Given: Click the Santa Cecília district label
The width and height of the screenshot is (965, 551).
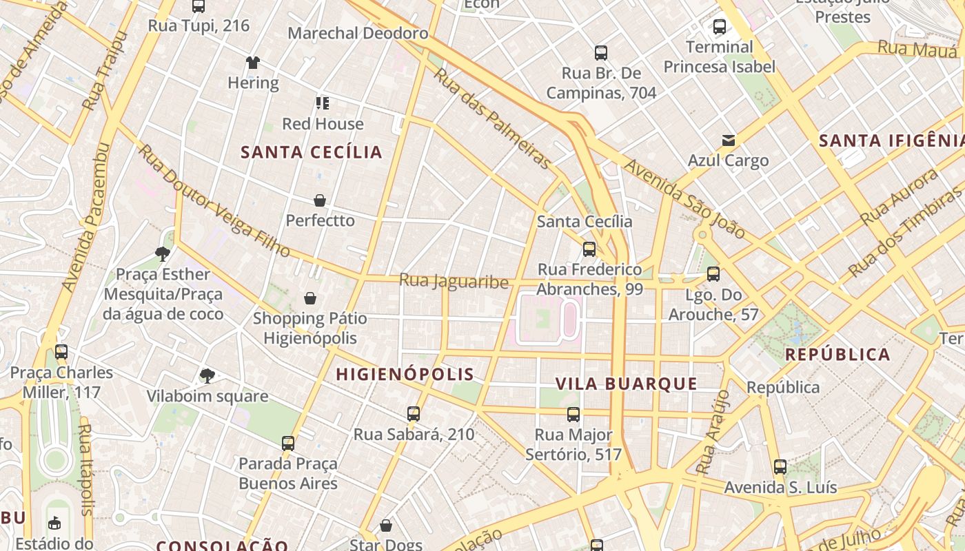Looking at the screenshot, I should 312,152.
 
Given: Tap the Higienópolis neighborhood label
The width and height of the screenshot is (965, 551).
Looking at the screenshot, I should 405,375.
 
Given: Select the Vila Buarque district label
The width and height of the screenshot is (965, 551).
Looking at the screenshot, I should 627,384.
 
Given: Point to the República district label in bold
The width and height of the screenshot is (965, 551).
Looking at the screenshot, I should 837,355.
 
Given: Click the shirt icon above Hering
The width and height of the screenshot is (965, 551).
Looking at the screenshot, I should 253,63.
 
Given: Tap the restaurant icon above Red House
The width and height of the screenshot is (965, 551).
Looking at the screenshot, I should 323,103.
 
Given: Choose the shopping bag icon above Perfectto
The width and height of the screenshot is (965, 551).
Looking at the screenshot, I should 320,200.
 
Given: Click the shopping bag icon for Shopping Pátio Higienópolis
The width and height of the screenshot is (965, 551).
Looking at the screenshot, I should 310,298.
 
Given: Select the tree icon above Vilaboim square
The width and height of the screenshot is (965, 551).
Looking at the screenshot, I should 207,375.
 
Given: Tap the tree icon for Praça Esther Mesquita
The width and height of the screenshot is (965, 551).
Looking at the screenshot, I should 163,254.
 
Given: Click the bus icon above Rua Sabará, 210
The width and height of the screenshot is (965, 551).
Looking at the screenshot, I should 414,414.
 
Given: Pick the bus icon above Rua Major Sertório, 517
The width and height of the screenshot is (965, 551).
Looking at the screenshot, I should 573,415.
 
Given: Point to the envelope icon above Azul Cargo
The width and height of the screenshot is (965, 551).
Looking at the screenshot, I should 728,141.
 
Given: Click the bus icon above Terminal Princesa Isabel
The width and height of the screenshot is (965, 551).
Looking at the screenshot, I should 720,27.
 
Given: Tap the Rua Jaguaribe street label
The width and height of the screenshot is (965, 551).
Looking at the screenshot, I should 454,281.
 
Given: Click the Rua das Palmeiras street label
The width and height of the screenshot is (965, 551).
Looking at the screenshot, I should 492,118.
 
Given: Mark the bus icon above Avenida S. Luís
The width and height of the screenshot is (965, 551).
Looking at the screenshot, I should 780,467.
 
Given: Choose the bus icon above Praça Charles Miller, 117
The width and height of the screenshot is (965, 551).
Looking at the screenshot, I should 61,352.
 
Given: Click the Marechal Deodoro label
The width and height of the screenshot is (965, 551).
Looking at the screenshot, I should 358,33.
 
